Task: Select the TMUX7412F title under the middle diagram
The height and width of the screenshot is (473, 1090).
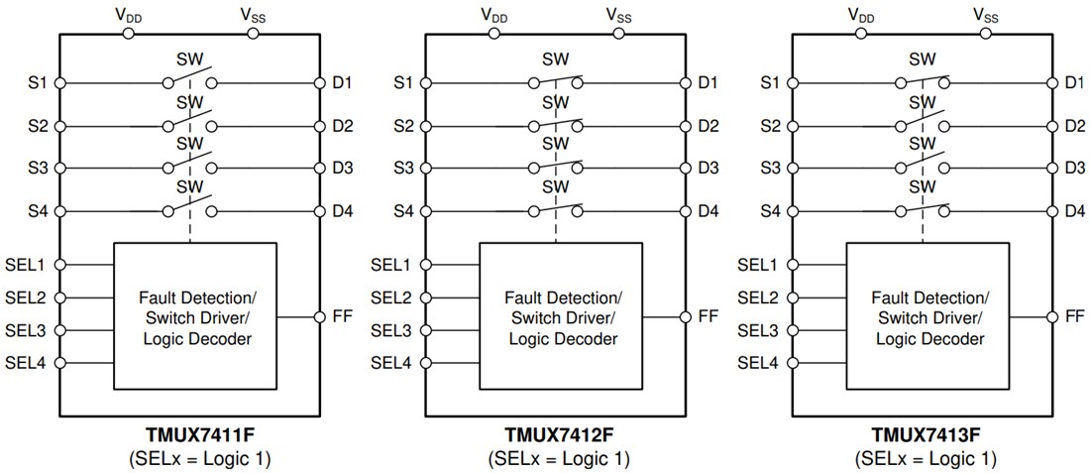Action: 558,434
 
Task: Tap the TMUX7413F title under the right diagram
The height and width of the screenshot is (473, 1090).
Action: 925,434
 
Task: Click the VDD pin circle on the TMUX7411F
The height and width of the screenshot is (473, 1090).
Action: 128,34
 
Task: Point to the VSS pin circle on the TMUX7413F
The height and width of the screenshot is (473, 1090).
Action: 985,34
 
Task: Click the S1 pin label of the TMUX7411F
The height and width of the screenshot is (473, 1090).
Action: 38,83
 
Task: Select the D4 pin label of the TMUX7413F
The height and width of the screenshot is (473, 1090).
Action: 1073,211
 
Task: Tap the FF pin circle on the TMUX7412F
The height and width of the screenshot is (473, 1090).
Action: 686,316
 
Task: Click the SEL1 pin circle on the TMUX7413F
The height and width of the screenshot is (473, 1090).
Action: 793,265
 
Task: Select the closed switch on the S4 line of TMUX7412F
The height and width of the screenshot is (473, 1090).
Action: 556,209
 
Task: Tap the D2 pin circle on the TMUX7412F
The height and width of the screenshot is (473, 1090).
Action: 686,126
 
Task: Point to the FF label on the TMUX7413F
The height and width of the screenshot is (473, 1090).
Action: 1074,316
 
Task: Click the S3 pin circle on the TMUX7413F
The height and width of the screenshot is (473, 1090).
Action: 793,169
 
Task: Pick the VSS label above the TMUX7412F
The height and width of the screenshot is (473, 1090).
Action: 619,14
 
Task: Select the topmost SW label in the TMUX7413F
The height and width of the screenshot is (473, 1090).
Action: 922,59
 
